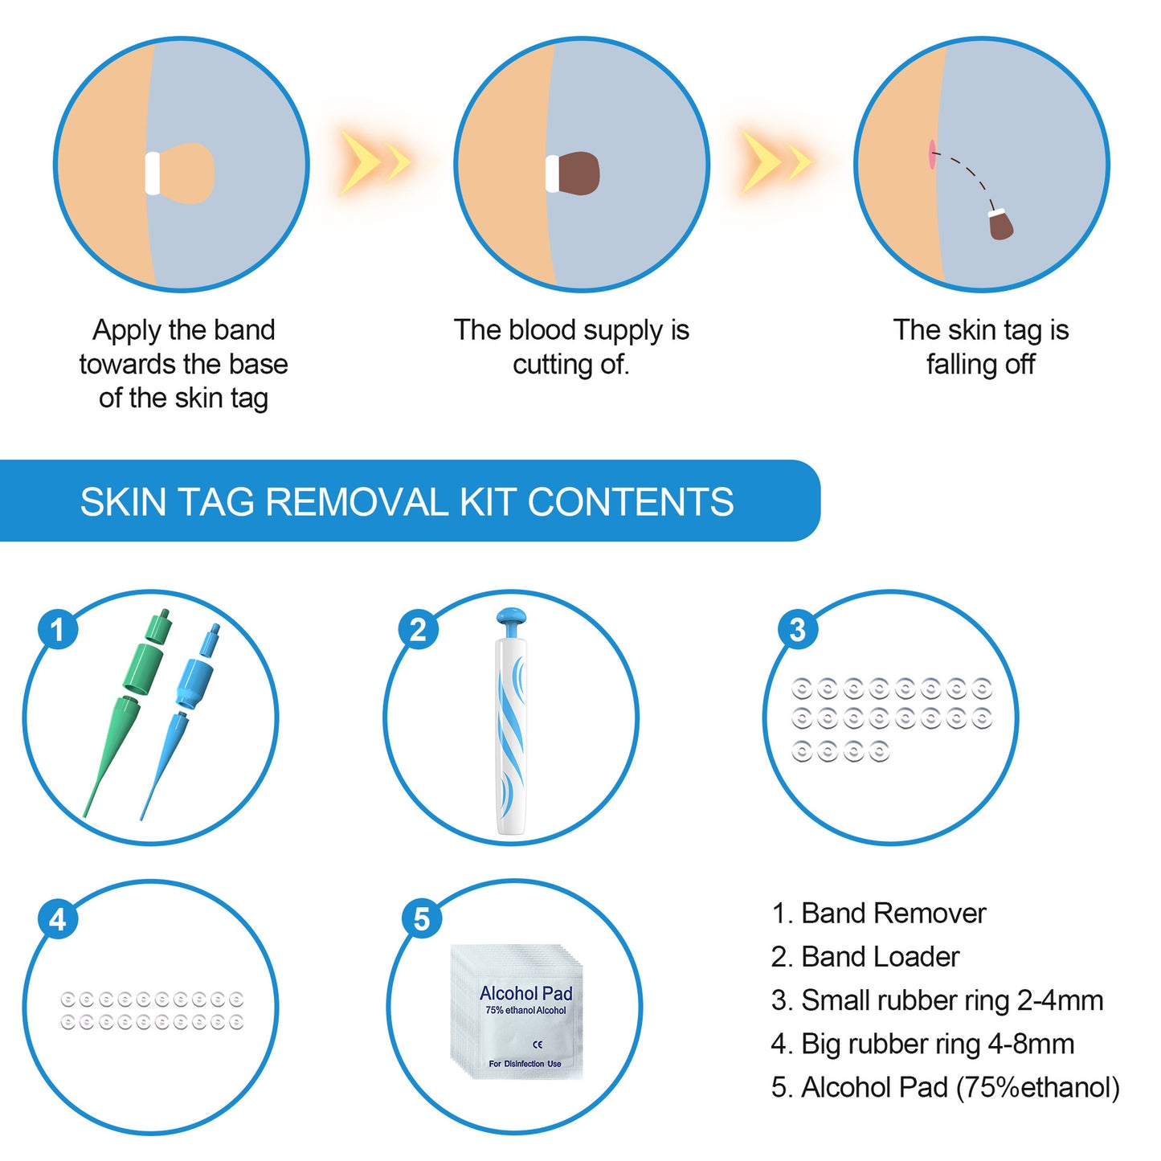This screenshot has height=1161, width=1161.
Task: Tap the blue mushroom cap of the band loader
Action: pos(511,617)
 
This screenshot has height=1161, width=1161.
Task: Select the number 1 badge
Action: pos(58,630)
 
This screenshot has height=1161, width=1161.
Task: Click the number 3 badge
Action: pos(797,630)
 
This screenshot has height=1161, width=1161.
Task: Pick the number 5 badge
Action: pos(422,919)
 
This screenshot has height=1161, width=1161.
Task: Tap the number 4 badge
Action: pos(58,919)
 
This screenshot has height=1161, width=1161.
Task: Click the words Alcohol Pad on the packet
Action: pos(525,993)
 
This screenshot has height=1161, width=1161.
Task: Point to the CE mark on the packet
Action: pos(538,1044)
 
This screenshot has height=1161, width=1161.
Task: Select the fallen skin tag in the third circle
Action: pos(1000,224)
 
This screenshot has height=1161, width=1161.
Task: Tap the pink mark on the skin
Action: pos(932,154)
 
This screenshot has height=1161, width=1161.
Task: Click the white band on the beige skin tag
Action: pos(153,173)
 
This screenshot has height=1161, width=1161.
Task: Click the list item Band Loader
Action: pos(865,957)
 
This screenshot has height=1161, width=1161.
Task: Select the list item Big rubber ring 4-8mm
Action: pos(922,1044)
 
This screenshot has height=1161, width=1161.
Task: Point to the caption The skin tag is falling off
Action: pos(980,346)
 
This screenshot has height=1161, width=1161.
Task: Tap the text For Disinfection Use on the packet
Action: pos(525,1064)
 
